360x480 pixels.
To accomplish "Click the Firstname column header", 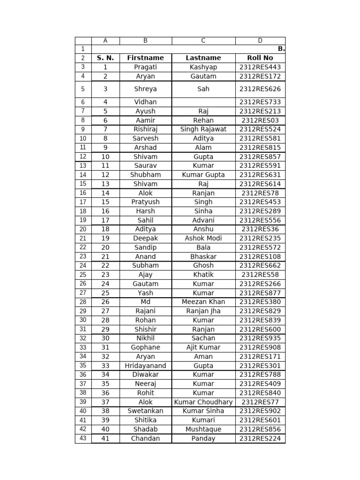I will pyautogui.click(x=145, y=58).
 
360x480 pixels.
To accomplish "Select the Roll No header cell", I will pyautogui.click(x=260, y=58).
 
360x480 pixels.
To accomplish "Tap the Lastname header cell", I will pyautogui.click(x=203, y=58).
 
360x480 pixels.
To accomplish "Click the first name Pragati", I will pyautogui.click(x=145, y=67).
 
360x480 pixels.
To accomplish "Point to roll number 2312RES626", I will pyautogui.click(x=260, y=89).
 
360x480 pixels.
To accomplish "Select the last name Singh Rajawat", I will pyautogui.click(x=203, y=129).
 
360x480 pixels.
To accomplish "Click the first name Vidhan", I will pyautogui.click(x=145, y=102).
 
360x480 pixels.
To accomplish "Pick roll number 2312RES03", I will pyautogui.click(x=260, y=120).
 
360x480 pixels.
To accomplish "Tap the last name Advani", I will pyautogui.click(x=203, y=220).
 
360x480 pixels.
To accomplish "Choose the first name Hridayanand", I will pyautogui.click(x=145, y=365).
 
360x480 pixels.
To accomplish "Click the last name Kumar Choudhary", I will pyautogui.click(x=203, y=402).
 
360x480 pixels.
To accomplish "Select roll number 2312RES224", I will pyautogui.click(x=260, y=438).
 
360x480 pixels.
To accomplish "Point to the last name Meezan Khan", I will pyautogui.click(x=203, y=301).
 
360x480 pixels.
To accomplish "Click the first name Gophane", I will pyautogui.click(x=145, y=347).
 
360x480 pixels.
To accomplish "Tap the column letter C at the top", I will pyautogui.click(x=203, y=41).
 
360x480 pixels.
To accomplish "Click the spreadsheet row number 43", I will pyautogui.click(x=83, y=438).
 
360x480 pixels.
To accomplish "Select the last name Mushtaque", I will pyautogui.click(x=203, y=429).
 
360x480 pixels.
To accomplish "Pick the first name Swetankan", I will pyautogui.click(x=145, y=411).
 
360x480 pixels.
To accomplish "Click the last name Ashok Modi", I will pyautogui.click(x=203, y=238).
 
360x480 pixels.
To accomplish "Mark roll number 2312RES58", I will pyautogui.click(x=260, y=274).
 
